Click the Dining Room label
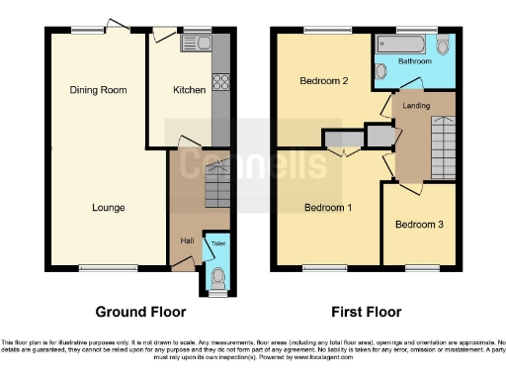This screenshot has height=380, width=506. coord(99,90)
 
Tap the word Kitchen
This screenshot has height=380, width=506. coord(189,90)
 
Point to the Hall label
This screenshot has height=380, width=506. coord(187,240)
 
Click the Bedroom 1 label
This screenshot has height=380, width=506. coord(327,208)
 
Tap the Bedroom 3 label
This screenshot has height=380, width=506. coord(418,225)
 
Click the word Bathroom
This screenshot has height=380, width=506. coord(415,61)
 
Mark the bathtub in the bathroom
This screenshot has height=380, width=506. coord(400,44)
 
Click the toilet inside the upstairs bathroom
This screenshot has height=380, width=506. coord(442,46)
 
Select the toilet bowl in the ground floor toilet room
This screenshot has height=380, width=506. coord(216,278)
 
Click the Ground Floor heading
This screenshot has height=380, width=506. coord(140,312)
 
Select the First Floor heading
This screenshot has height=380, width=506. coord(364,312)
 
